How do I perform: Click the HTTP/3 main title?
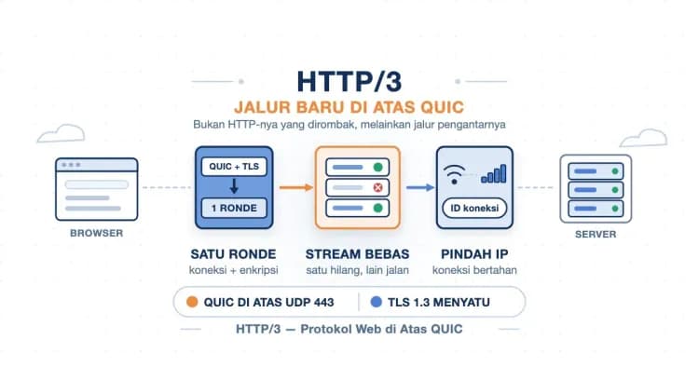point(349,82)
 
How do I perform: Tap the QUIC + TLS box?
point(234,167)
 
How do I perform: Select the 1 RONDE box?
point(234,208)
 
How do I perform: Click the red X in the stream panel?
point(377,187)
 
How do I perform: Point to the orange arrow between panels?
point(296,187)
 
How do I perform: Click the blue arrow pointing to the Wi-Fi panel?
point(420,187)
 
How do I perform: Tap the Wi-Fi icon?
point(454,174)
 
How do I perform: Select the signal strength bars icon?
point(493,173)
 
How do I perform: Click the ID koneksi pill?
point(474,208)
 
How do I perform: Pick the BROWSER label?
point(96,233)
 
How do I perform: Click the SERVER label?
point(596,235)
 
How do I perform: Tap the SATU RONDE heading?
point(233,254)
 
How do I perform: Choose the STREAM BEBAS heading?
point(357,254)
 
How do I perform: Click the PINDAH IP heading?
point(474,254)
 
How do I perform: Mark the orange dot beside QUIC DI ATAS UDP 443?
point(192,302)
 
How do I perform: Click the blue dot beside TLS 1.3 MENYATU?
point(377,302)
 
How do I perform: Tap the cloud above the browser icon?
point(62,133)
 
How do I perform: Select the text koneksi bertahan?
point(474,270)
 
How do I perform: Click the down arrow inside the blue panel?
point(234,186)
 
